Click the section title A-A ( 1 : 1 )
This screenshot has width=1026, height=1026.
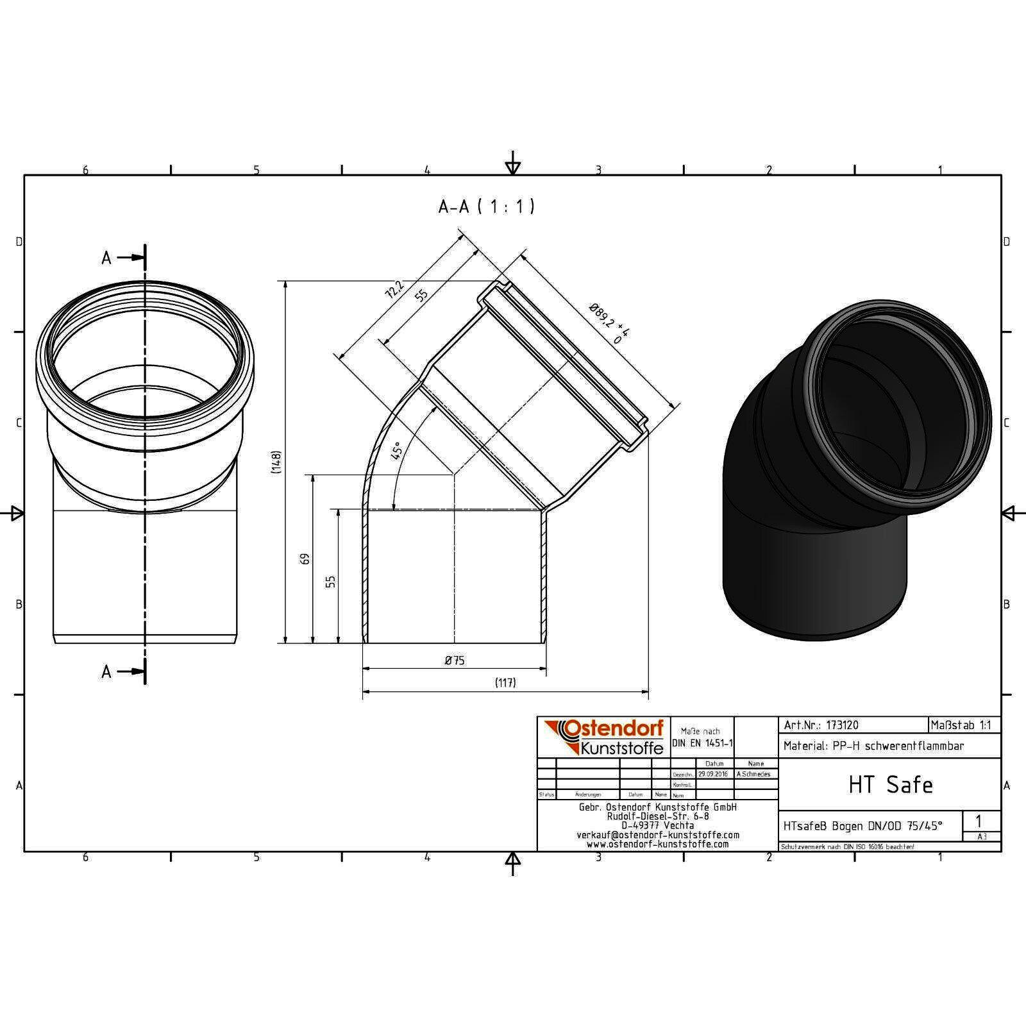486,206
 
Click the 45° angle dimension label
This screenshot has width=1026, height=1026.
397,451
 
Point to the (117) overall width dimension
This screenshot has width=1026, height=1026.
505,683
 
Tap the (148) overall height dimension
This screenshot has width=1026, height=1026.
276,462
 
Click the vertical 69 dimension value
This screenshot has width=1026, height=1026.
305,559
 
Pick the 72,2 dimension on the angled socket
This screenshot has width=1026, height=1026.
394,290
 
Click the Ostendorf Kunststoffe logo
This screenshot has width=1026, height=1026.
603,737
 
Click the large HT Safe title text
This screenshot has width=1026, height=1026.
890,785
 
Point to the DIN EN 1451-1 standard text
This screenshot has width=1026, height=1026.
702,743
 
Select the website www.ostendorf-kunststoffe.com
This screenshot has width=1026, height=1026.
657,845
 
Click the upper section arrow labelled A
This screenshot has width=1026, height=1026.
122,258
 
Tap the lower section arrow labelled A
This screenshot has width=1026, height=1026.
122,671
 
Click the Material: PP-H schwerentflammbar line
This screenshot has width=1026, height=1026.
873,746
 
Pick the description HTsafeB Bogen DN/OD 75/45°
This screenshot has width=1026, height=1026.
862,826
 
